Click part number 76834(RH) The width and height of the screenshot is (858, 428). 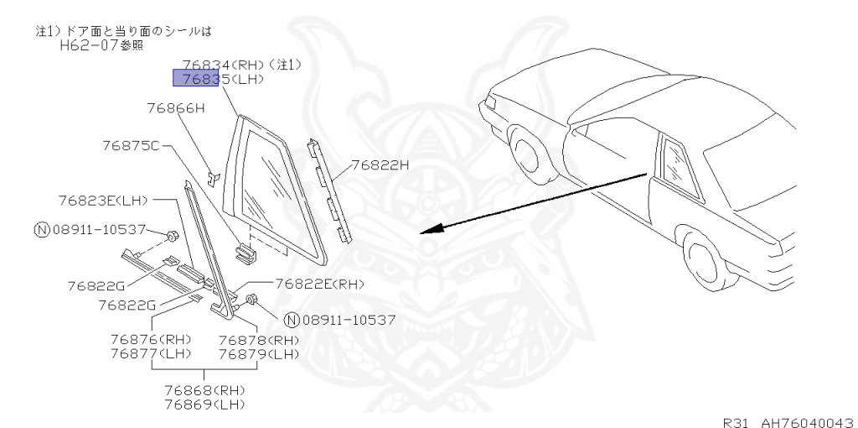click(219, 64)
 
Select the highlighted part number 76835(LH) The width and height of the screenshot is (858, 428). click(218, 79)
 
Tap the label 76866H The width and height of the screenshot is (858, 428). click(175, 108)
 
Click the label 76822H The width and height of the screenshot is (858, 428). click(379, 165)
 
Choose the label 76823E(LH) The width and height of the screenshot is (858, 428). click(103, 201)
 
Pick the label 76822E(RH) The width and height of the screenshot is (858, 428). click(319, 284)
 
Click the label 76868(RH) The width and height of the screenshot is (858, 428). click(204, 391)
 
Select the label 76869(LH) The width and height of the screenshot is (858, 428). click(204, 405)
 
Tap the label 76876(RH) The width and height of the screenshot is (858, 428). click(151, 340)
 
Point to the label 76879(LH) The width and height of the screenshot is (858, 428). click(258, 354)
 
